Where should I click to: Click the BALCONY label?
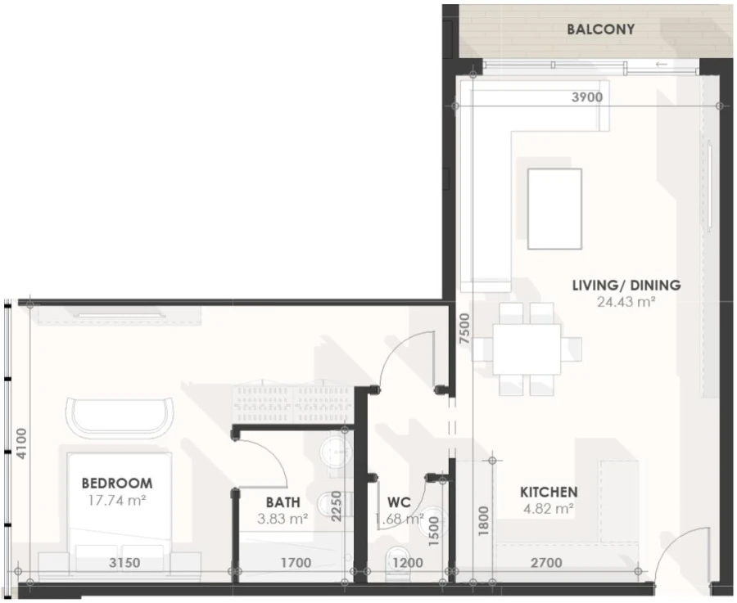(600, 29)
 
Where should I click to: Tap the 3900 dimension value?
(586, 97)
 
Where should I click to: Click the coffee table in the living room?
(554, 209)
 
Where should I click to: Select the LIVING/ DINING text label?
(626, 286)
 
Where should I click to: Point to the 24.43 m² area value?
(626, 301)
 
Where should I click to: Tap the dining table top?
(527, 349)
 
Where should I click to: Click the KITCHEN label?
(549, 493)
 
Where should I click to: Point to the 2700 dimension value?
(546, 563)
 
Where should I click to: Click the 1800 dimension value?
(483, 520)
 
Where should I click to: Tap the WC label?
(398, 502)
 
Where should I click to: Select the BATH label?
(283, 502)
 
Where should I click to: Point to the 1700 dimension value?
(296, 563)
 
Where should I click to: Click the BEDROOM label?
(116, 484)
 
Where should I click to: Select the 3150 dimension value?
(124, 563)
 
